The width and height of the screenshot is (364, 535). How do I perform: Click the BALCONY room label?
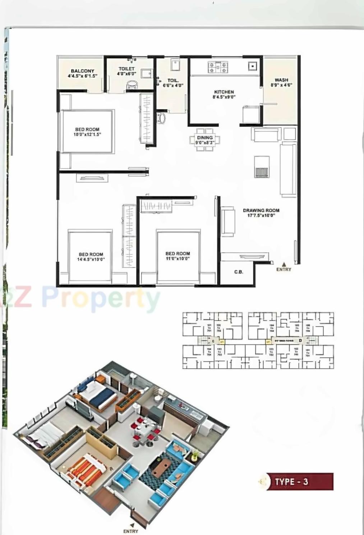[x=82, y=71]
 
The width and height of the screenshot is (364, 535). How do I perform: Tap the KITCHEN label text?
[x=224, y=92]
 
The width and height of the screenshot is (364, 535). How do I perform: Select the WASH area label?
[x=281, y=80]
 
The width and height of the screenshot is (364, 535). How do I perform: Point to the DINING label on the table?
[x=205, y=138]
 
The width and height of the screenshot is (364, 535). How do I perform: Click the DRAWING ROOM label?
[x=261, y=210]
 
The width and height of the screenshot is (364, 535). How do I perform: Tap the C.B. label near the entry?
[x=239, y=272]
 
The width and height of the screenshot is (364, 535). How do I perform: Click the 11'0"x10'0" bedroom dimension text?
[x=178, y=259]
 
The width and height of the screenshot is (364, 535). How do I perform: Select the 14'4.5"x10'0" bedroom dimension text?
[x=91, y=259]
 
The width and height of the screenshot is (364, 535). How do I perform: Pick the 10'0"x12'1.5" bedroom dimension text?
[x=87, y=134]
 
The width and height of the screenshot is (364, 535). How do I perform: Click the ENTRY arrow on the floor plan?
[x=284, y=264]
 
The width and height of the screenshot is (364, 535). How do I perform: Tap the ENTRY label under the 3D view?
[x=130, y=531]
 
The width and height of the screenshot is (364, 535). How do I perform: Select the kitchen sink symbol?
[x=253, y=66]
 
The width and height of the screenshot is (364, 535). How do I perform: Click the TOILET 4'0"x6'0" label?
[x=126, y=71]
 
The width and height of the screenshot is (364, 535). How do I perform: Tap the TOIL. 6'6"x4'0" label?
[x=173, y=83]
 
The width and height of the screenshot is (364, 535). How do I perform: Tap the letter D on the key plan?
[x=300, y=340]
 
